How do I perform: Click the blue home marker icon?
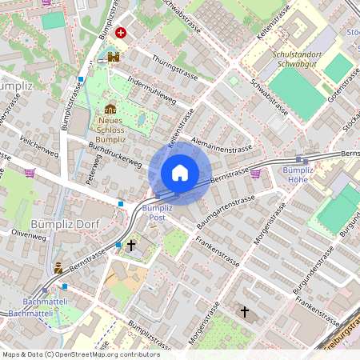(180, 172)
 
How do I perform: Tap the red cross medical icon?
(121, 33)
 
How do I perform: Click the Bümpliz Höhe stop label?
(298, 174)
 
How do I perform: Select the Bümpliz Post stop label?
(157, 213)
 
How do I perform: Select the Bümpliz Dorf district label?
(63, 224)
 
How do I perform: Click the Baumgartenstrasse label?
(226, 208)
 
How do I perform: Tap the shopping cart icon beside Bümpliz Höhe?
(255, 172)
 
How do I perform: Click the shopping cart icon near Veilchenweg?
(30, 173)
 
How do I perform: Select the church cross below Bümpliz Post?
(131, 246)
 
